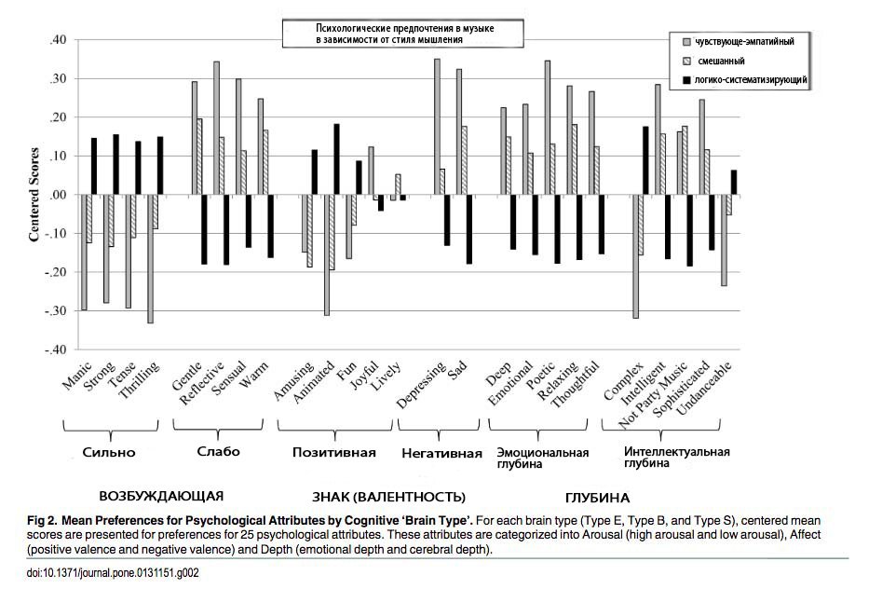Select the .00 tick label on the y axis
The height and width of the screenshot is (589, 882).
click(59, 195)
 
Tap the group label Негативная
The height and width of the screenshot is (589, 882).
click(442, 454)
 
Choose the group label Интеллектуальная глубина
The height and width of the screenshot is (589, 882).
click(676, 458)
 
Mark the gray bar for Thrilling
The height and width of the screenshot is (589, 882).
click(150, 258)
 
